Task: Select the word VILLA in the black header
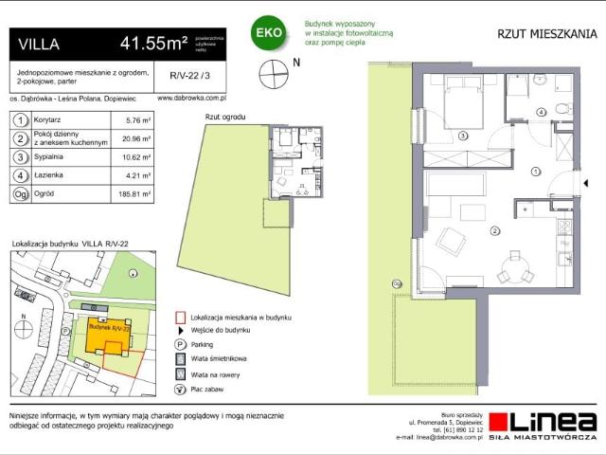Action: [39, 44]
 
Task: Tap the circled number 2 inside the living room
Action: [493, 230]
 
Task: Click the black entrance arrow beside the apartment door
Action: [579, 173]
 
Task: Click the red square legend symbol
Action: [180, 318]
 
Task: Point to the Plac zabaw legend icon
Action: [180, 389]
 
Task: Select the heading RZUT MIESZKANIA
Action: [546, 34]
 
